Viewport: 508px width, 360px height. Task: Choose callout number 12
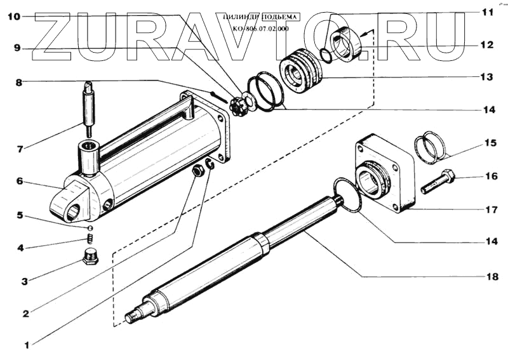click(x=486, y=45)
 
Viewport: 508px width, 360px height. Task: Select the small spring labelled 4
click(x=90, y=239)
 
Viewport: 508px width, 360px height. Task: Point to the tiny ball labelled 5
click(x=90, y=227)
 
